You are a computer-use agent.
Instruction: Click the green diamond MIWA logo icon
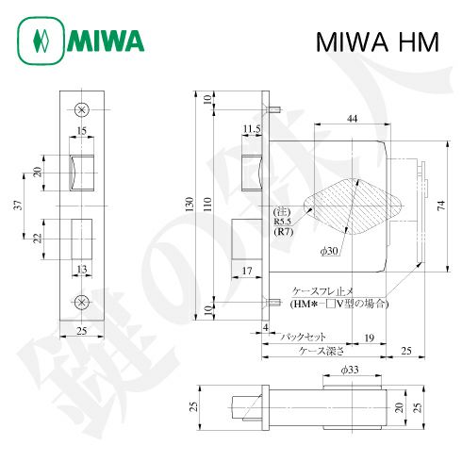40,41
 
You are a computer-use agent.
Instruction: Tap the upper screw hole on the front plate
81,108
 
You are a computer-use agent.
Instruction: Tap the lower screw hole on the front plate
81,302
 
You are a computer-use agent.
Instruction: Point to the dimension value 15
82,129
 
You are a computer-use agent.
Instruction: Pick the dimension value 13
82,269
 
